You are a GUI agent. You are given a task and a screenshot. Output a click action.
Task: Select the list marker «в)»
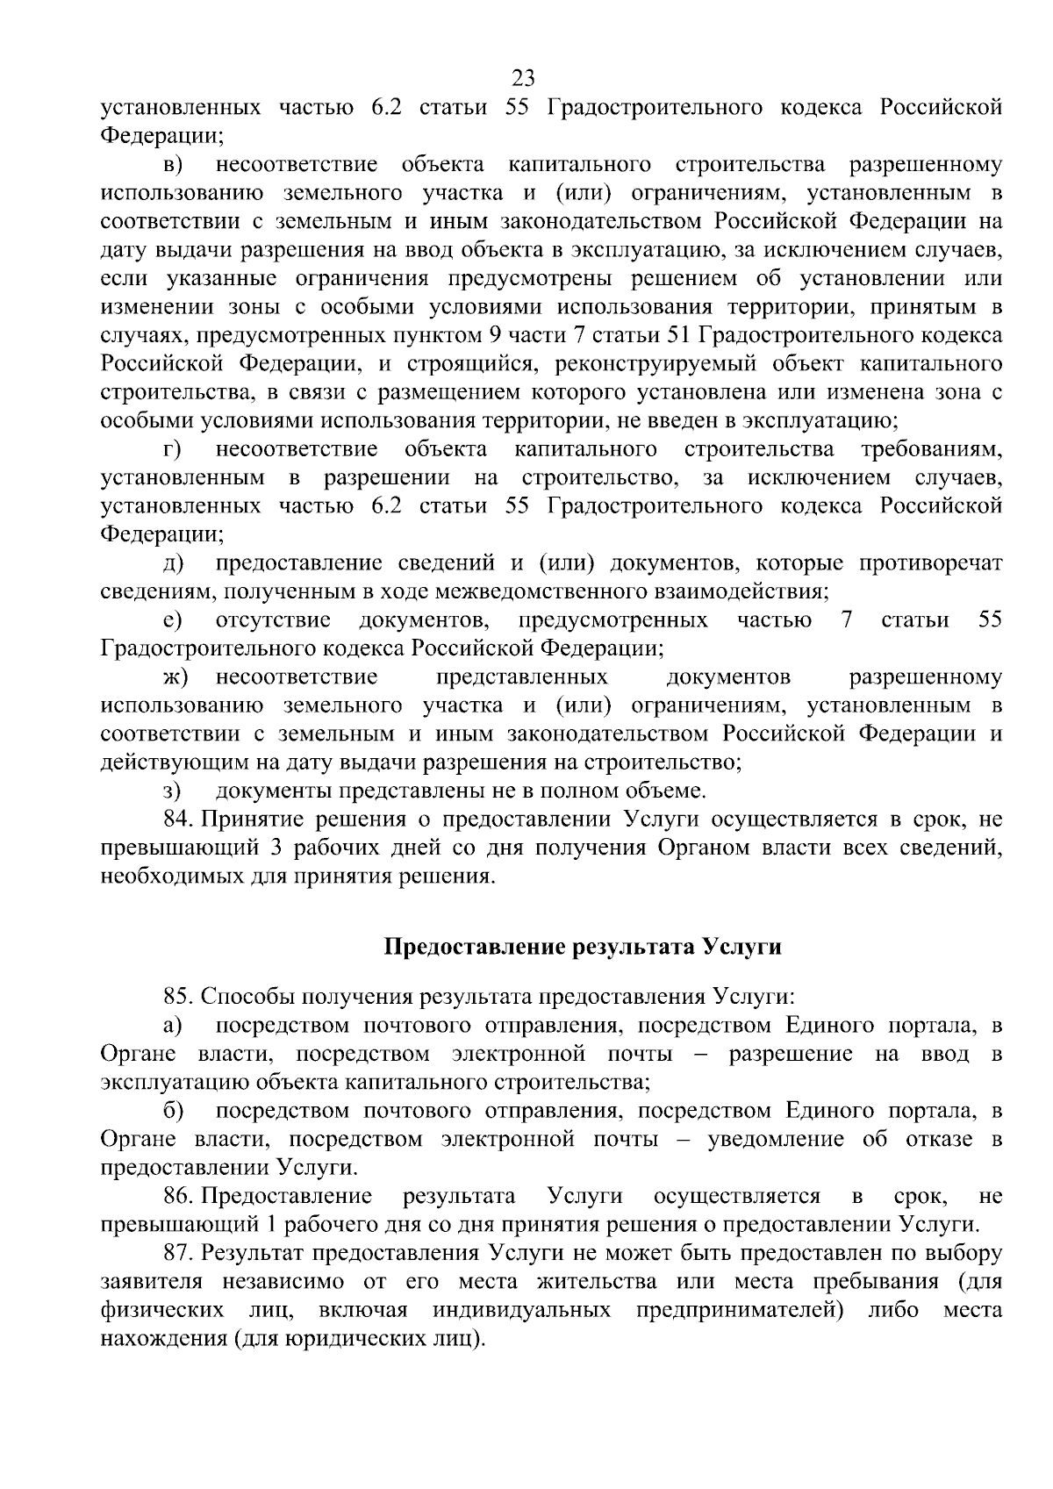tap(173, 164)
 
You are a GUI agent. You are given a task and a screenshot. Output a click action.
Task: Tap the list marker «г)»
tap(172, 450)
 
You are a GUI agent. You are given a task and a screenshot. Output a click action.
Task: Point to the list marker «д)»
tap(172, 563)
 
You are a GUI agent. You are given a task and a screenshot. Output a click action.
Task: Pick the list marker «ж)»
tap(175, 677)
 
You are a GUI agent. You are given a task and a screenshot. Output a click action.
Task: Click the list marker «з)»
tap(172, 791)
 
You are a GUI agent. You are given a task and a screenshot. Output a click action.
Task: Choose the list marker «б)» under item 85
tap(173, 1111)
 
